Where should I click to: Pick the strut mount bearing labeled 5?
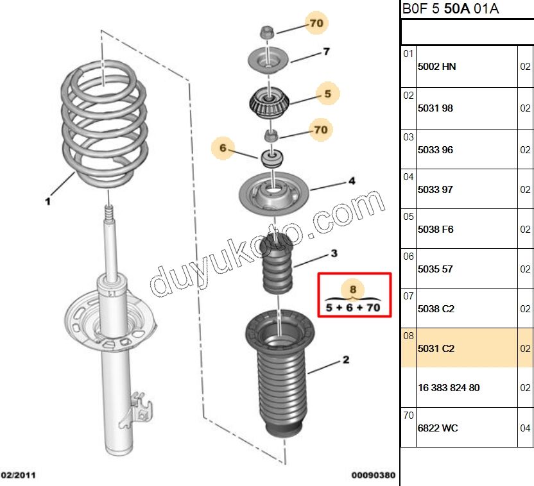tap(269, 103)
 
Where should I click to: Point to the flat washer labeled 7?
tap(268, 60)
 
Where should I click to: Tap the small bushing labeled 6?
tap(272, 157)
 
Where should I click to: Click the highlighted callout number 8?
tap(352, 290)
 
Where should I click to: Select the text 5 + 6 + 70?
tap(352, 308)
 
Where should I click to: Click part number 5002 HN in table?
tap(436, 66)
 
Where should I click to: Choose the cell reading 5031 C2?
tap(436, 349)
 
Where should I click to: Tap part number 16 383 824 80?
tap(448, 388)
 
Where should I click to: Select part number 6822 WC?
tap(438, 428)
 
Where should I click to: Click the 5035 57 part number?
tap(435, 269)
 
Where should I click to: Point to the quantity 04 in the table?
tap(525, 428)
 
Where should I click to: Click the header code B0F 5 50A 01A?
tap(450, 9)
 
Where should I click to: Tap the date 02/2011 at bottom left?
tap(17, 476)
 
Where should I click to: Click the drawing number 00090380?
tap(373, 476)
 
